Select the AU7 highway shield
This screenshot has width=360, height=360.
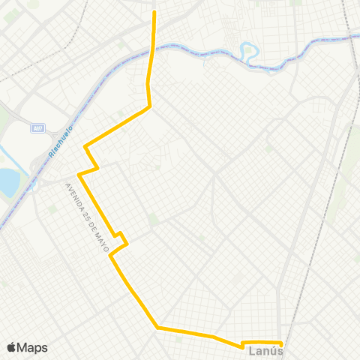(37, 129)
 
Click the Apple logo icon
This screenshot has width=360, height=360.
(11, 347)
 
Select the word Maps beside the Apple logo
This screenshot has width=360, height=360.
(32, 347)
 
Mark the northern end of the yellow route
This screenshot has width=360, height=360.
(154, 12)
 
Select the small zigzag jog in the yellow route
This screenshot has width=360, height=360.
(121, 238)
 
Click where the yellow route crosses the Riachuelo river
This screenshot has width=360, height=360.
(152, 51)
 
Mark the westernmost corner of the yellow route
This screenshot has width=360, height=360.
(79, 174)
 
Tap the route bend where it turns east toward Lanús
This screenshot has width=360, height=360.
(157, 327)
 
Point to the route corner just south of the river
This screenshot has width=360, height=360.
(150, 106)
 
